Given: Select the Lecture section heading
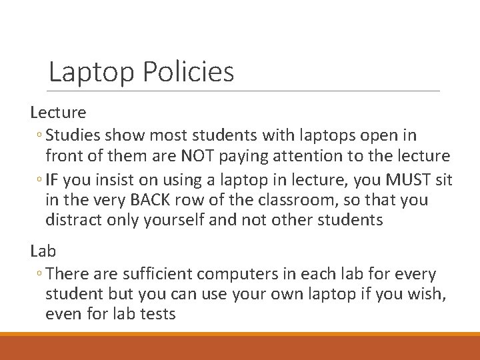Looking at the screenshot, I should tap(58, 113).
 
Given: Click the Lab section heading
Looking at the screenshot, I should tap(43, 251).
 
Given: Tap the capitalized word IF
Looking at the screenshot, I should tap(53, 179).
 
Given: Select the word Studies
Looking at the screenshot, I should tap(74, 136).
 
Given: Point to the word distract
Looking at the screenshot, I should tap(73, 220).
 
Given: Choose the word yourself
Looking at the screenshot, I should tap(171, 220).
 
